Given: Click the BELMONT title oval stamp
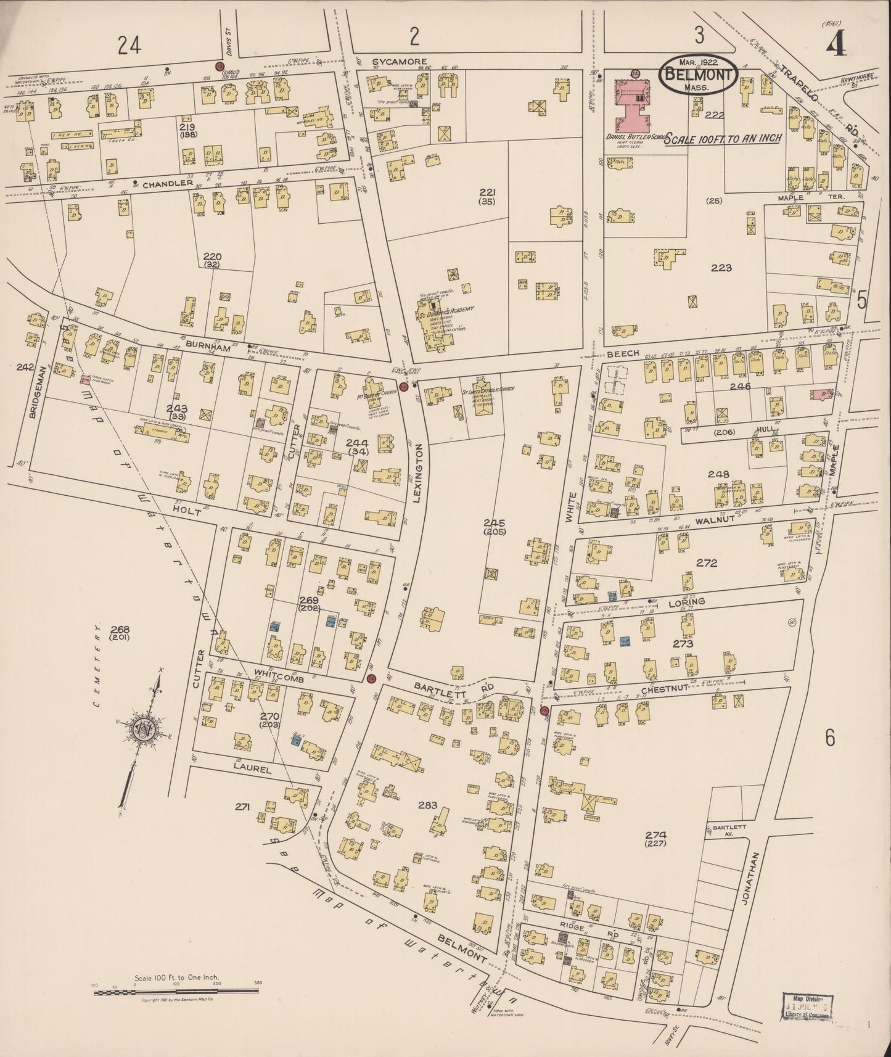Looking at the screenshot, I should pos(698,76).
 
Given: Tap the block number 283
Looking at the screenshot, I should pos(427,805).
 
